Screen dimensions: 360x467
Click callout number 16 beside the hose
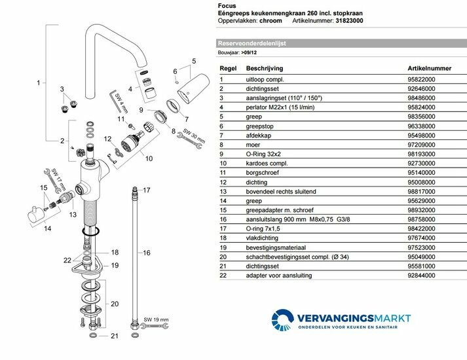(x=147, y=253)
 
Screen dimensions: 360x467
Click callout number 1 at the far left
(x=39, y=83)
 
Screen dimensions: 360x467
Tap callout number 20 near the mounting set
(x=115, y=303)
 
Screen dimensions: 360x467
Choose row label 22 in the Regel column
(x=222, y=276)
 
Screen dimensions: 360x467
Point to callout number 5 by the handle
(x=194, y=62)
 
